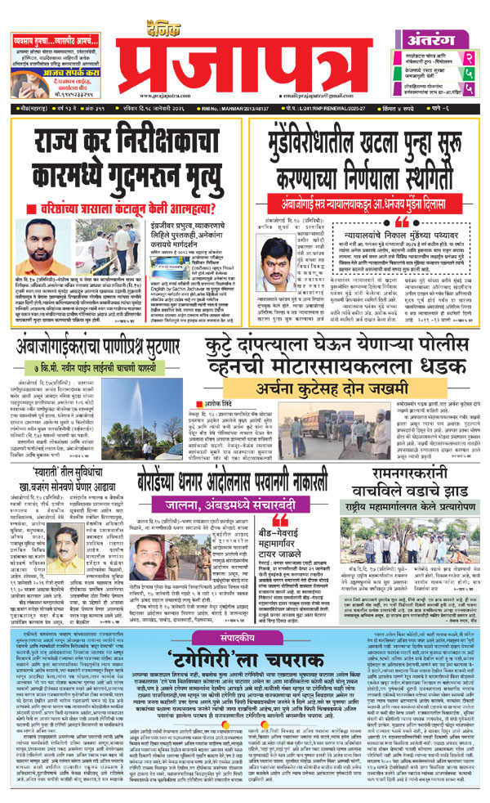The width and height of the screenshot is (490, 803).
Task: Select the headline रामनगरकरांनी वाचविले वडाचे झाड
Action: (416, 494)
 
